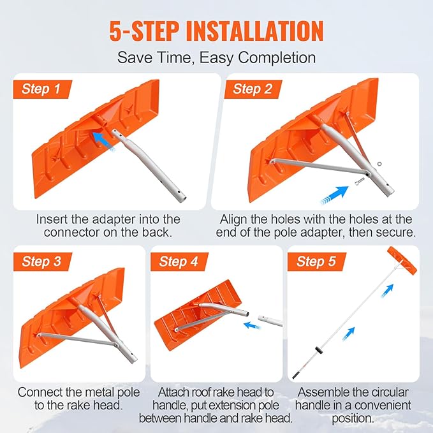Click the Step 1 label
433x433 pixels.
[x=41, y=89]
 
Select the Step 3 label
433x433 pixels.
[x=41, y=261]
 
